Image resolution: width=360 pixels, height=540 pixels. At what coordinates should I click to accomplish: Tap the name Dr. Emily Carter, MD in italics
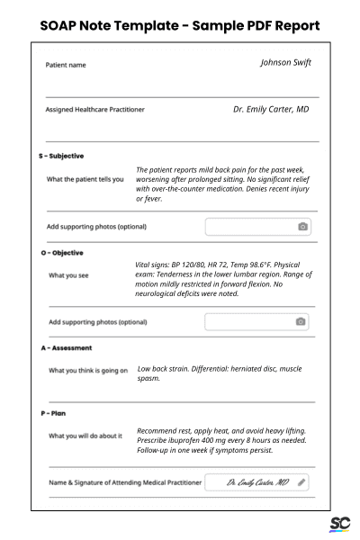coord(271,109)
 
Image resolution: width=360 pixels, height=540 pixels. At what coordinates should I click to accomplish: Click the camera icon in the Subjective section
coord(303,226)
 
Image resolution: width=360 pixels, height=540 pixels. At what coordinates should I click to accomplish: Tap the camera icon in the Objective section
coord(301,321)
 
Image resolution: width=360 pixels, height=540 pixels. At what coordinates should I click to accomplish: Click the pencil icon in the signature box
coord(301,482)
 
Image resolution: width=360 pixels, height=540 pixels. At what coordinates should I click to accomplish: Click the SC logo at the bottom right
coord(340,523)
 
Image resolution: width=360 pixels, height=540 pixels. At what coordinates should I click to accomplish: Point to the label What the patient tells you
coord(85,179)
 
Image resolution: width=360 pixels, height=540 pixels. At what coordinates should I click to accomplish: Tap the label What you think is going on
coord(86,371)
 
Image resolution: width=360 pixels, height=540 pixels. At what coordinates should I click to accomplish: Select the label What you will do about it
coord(86,436)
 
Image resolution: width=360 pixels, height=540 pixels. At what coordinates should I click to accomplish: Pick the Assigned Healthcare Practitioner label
coord(94,110)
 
